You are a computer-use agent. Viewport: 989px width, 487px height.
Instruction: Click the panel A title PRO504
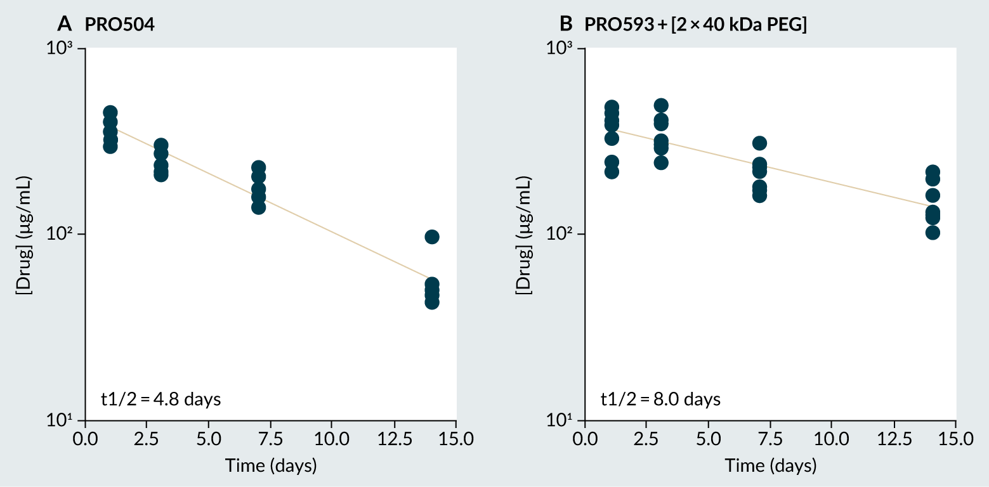click(x=121, y=25)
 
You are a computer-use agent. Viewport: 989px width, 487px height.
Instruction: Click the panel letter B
click(x=565, y=25)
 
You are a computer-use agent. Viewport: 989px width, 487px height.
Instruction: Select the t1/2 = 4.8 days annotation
click(x=160, y=399)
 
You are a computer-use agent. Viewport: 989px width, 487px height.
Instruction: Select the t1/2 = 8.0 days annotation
click(x=660, y=399)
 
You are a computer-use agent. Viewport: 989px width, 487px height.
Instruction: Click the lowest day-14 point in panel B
click(x=932, y=232)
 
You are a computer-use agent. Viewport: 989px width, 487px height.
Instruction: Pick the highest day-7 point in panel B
click(x=759, y=143)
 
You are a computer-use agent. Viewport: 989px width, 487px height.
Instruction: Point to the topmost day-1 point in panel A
click(x=110, y=112)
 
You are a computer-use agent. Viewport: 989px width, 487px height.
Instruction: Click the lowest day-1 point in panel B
click(x=612, y=171)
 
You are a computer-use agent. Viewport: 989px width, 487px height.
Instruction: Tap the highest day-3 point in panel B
click(x=661, y=105)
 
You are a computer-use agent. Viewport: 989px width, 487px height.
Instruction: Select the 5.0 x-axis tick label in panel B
click(x=708, y=439)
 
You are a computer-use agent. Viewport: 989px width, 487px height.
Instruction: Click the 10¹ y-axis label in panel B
click(x=560, y=420)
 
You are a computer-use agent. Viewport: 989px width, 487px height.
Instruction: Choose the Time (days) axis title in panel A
click(x=271, y=466)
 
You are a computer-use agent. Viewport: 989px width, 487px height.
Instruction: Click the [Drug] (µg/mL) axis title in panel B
click(x=524, y=235)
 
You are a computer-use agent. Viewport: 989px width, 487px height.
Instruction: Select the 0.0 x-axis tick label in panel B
click(x=584, y=439)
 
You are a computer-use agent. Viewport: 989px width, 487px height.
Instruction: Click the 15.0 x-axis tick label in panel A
click(x=456, y=439)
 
